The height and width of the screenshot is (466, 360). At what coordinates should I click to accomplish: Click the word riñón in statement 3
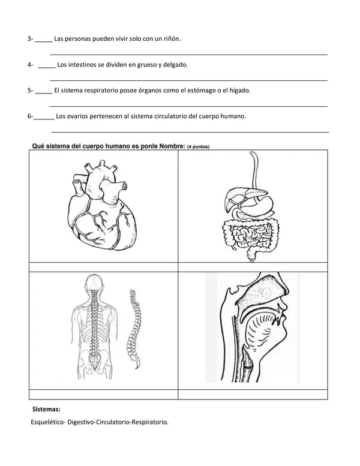coord(171,39)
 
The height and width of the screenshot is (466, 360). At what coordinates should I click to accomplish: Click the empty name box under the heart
coord(103,267)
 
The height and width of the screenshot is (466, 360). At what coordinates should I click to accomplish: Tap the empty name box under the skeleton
coord(103,395)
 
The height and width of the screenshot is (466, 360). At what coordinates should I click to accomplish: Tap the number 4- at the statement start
coord(31,65)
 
